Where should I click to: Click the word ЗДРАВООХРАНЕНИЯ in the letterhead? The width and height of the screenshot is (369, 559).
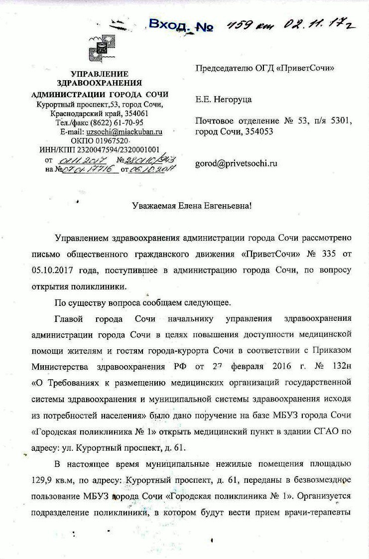100,83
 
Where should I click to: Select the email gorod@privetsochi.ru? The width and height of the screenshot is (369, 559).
236,163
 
